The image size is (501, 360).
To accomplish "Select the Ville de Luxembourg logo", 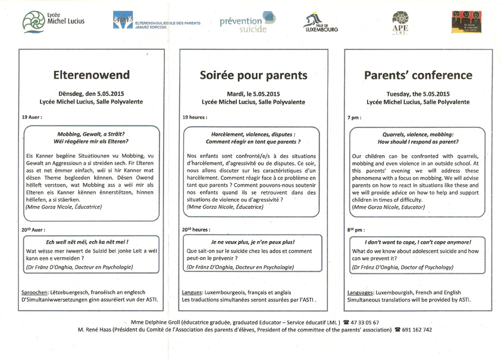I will coord(320,23).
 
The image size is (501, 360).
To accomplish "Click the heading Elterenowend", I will coord(92,76).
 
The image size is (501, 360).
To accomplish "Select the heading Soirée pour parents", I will coord(253,76).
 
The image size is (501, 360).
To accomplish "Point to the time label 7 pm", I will coord(354,118).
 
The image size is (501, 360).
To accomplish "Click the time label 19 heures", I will coord(195,118).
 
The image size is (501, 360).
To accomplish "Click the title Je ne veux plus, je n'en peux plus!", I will coord(253,242).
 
